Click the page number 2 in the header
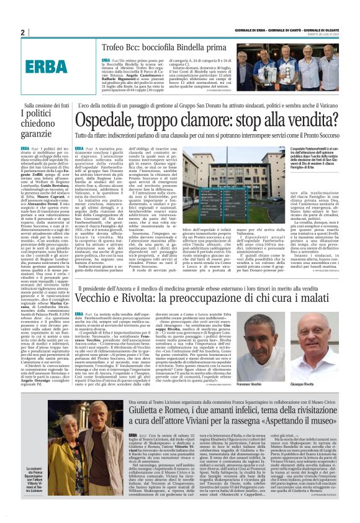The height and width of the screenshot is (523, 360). tap(22, 32)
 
